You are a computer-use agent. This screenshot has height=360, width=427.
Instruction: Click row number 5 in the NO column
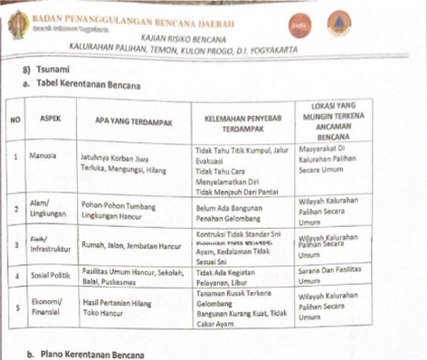[16, 303]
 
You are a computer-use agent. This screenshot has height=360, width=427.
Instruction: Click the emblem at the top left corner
[14, 20]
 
